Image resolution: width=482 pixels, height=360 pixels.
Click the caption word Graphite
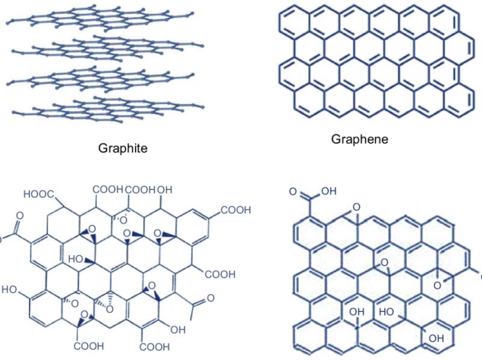[123, 148]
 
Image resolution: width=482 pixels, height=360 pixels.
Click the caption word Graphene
[359, 139]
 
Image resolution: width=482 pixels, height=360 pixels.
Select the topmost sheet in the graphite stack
[100, 18]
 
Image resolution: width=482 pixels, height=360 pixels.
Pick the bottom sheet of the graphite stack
[108, 109]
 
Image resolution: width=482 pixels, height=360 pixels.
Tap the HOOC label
[39, 194]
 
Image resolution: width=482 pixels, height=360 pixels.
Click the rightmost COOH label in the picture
[236, 210]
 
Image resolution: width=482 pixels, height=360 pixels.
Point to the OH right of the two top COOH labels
[164, 190]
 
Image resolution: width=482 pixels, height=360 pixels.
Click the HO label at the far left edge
[9, 289]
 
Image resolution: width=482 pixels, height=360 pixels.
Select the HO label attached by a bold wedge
[75, 259]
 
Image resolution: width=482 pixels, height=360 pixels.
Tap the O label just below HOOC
[20, 216]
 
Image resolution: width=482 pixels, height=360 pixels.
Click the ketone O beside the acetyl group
[210, 298]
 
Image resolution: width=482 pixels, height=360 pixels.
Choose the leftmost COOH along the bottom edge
[89, 346]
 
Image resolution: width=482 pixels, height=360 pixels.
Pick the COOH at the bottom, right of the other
[154, 347]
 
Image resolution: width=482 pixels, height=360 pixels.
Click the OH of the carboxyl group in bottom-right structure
[329, 191]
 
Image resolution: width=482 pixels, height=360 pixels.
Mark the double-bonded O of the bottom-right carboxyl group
[293, 192]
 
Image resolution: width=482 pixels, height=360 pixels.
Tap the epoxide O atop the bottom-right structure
[357, 207]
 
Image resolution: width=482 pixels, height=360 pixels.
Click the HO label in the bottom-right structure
[386, 312]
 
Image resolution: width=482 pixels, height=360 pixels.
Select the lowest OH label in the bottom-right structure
[436, 338]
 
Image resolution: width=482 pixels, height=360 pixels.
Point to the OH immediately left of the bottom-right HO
[357, 312]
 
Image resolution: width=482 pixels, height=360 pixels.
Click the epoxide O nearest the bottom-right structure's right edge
[437, 286]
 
